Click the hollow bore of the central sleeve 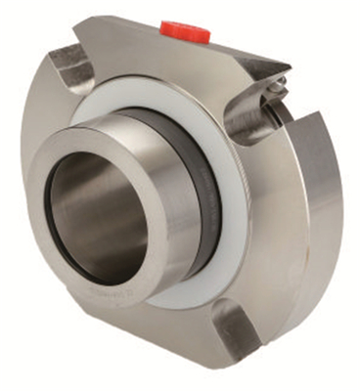pyautogui.click(x=98, y=219)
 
